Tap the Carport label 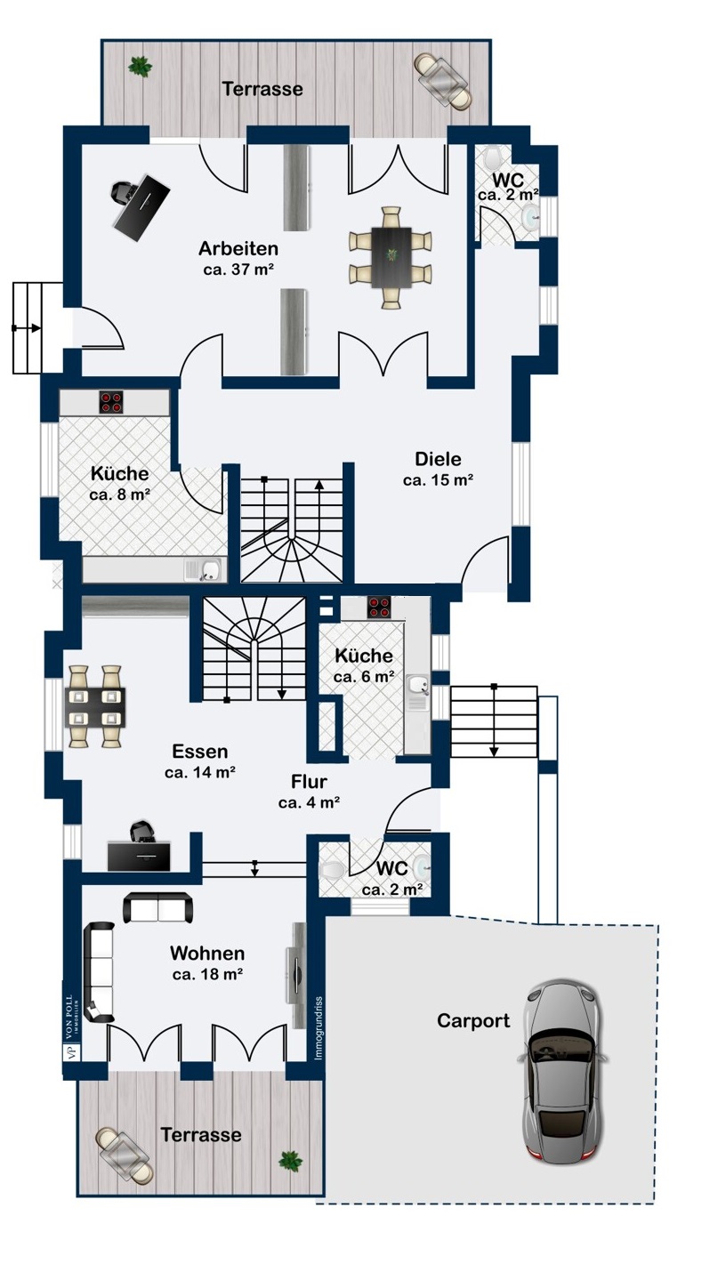473,1021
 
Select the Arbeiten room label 238,249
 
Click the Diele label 438,460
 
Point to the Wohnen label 207,954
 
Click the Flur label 309,783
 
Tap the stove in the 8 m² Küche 110,402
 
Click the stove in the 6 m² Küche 379,608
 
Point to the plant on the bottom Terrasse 289,1159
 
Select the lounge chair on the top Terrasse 442,80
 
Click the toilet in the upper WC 493,161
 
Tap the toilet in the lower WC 330,868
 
